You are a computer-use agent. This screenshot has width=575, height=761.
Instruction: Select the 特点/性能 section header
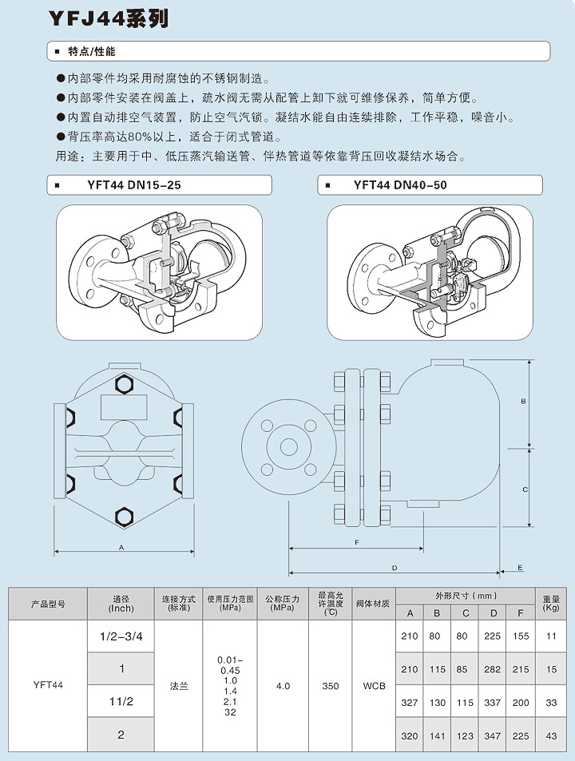coord(92,52)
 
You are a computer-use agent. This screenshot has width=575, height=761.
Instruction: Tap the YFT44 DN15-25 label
coord(133,186)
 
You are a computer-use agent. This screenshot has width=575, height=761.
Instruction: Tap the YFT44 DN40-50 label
coord(400,186)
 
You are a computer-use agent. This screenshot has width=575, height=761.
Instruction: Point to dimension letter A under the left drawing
coord(121,548)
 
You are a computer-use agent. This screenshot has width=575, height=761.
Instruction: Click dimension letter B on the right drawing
coord(523,401)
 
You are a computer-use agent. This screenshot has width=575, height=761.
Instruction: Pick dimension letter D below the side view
coord(395,567)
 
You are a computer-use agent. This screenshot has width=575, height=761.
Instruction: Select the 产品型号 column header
coord(48,604)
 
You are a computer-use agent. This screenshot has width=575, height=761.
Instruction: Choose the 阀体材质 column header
coord(374,604)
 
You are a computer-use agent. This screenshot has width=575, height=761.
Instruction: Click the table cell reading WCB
coord(374,685)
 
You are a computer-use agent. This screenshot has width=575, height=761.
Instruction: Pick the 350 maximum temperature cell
coord(331,685)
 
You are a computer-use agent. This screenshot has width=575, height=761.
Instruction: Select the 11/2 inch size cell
coord(121,701)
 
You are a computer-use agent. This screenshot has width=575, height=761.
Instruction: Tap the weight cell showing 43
coord(551,735)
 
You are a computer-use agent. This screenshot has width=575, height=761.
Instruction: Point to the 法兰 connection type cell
coord(179,685)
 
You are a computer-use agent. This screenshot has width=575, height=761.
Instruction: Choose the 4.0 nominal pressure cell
coord(283,685)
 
